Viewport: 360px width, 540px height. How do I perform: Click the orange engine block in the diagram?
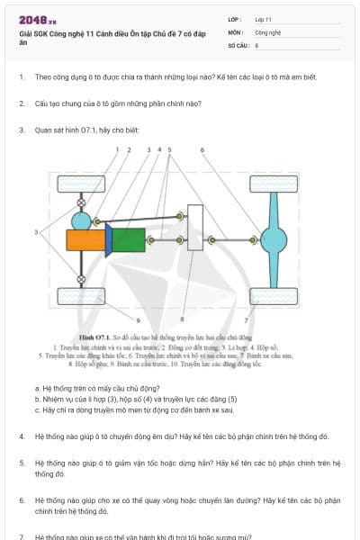pos(85,240)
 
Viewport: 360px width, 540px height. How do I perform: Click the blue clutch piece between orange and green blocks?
pos(108,240)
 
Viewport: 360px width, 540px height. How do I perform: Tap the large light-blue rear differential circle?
pos(274,240)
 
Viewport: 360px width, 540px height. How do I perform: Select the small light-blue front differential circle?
pos(82,220)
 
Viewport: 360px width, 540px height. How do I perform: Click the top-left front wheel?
pos(81,185)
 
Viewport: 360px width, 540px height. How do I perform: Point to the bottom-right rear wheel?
pos(274,296)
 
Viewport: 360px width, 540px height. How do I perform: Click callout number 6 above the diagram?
pos(202,149)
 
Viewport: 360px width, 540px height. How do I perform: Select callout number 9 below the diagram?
pos(138,319)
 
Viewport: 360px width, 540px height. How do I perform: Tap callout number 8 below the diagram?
pos(182,319)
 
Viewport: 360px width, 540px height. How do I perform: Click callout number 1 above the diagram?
pos(117,149)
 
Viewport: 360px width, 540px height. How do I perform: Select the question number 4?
pos(22,436)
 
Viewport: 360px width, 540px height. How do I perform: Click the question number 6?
pos(22,499)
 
